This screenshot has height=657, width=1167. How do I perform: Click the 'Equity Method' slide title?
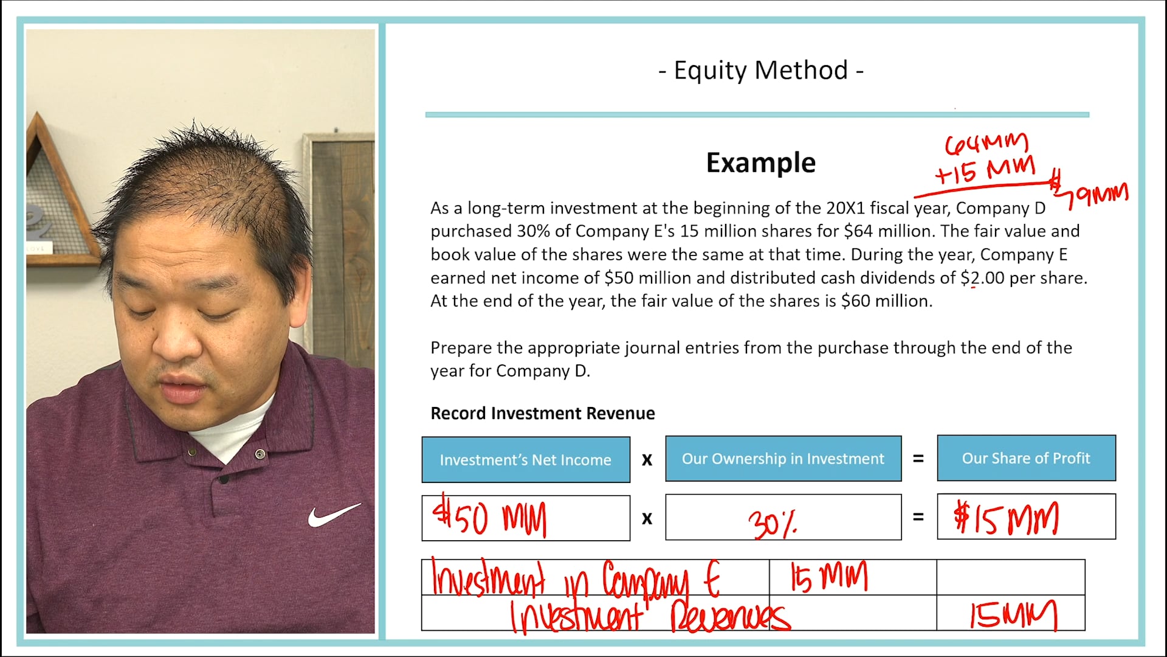pyautogui.click(x=760, y=71)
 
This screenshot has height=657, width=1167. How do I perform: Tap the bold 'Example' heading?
pyautogui.click(x=760, y=163)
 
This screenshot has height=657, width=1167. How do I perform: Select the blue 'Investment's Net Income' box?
pyautogui.click(x=526, y=460)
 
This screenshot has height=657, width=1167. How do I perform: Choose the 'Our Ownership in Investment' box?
pyautogui.click(x=783, y=459)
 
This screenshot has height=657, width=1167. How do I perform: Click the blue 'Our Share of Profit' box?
pyautogui.click(x=1026, y=458)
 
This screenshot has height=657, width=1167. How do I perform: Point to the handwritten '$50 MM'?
pyautogui.click(x=490, y=518)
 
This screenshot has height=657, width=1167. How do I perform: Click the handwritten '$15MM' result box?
pyautogui.click(x=1007, y=519)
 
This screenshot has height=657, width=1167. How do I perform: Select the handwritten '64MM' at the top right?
pyautogui.click(x=986, y=144)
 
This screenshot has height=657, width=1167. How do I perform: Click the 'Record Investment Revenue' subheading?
pyautogui.click(x=542, y=414)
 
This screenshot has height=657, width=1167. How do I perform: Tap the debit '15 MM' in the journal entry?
pyautogui.click(x=828, y=577)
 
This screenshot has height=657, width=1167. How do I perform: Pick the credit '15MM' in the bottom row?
pyautogui.click(x=1011, y=614)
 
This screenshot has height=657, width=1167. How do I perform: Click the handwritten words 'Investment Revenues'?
pyautogui.click(x=649, y=616)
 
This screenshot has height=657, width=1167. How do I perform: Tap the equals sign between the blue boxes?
pyautogui.click(x=918, y=459)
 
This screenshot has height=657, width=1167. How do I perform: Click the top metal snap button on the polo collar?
pyautogui.click(x=260, y=454)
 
